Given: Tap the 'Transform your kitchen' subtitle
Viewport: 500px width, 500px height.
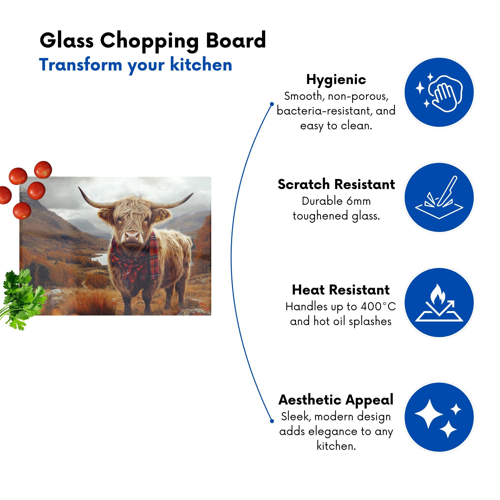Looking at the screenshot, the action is tap(135, 65).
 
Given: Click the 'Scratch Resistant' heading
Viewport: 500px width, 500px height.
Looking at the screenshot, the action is tap(336, 184).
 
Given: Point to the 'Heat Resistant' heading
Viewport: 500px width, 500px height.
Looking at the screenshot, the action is tap(340, 290).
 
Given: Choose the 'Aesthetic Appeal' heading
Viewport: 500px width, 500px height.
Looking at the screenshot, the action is tap(336, 400).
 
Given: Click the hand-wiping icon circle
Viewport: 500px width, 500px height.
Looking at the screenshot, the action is tap(439, 92).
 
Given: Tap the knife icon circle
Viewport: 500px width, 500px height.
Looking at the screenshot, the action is tap(439, 197).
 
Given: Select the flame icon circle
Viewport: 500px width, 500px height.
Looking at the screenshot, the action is tap(439, 302).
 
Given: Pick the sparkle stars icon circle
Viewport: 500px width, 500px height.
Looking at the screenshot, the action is tap(439, 417).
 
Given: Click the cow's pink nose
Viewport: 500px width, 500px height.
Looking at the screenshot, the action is tap(132, 236).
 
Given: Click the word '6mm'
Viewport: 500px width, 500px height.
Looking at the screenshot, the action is tap(358, 201).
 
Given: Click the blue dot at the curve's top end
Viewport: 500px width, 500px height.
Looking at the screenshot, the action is tap(272, 104).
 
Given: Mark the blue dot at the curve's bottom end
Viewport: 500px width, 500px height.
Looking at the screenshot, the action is tap(272, 421).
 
